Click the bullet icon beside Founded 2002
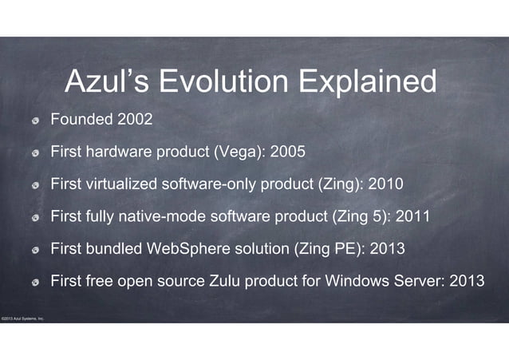36,121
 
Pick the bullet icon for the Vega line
36,153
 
